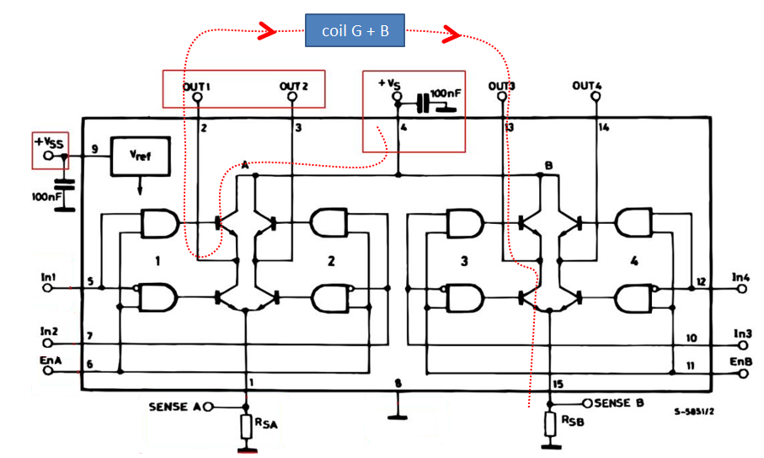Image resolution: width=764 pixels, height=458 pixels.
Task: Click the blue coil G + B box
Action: [x=355, y=31]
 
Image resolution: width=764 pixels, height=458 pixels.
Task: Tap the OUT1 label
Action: [x=196, y=86]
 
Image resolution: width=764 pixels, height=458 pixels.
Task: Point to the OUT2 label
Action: [x=294, y=86]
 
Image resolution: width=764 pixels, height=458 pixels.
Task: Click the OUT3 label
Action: [x=503, y=86]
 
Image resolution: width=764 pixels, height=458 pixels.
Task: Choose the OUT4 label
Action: [x=587, y=86]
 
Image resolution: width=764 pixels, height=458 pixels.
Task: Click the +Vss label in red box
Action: [x=48, y=141]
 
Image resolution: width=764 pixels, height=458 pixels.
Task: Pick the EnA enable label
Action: [x=49, y=359]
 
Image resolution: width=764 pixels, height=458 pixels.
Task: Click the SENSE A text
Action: [x=174, y=407]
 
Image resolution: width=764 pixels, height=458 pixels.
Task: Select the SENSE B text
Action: [x=619, y=402]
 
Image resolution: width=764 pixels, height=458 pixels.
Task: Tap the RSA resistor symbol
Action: [x=247, y=427]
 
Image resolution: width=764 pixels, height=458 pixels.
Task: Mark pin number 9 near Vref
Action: [x=94, y=149]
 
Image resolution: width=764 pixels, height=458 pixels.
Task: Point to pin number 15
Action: [x=558, y=385]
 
